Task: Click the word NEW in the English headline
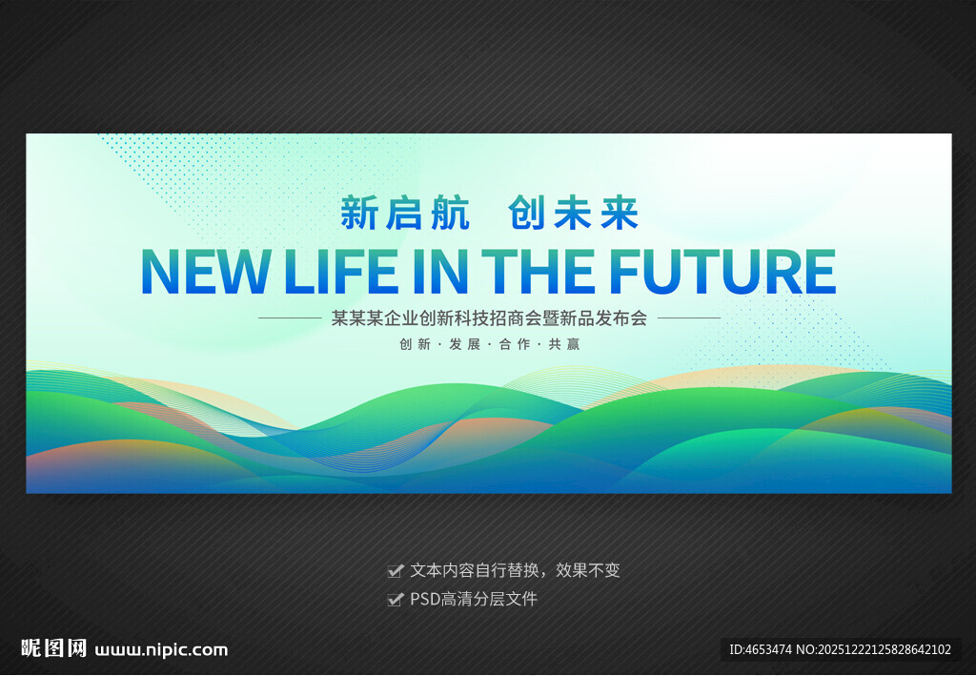click(x=206, y=272)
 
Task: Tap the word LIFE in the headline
click(x=340, y=272)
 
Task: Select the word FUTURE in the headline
click(x=722, y=272)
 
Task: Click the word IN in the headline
click(x=439, y=272)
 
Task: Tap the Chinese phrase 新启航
click(x=404, y=213)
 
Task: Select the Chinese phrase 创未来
click(x=573, y=213)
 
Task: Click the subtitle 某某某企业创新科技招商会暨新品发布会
click(x=489, y=318)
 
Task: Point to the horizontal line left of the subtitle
click(x=290, y=318)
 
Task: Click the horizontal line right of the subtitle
click(x=689, y=318)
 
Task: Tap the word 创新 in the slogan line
click(x=416, y=344)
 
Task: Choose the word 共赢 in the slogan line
click(x=564, y=344)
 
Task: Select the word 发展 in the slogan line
click(x=465, y=344)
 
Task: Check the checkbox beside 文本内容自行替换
click(x=396, y=571)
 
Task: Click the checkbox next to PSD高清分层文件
click(x=396, y=600)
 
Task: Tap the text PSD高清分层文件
click(x=474, y=600)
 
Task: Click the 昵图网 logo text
click(x=53, y=648)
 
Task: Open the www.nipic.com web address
click(x=161, y=650)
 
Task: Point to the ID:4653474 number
click(x=761, y=650)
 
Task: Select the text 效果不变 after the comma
click(x=588, y=571)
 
